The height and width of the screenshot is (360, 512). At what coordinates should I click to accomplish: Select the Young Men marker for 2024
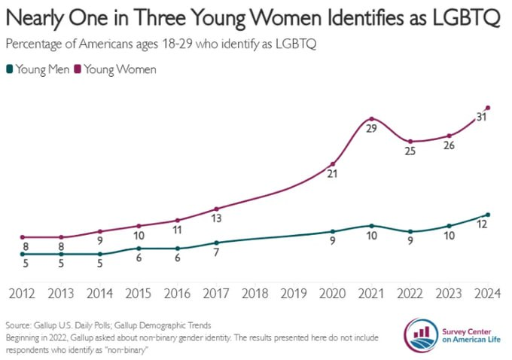click(x=488, y=215)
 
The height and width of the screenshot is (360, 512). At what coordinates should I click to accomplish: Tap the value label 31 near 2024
click(x=480, y=117)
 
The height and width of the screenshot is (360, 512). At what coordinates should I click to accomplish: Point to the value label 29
click(x=371, y=130)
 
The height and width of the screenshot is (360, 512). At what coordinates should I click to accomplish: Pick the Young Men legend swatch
click(x=9, y=70)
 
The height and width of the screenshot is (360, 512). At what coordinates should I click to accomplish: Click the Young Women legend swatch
click(x=78, y=70)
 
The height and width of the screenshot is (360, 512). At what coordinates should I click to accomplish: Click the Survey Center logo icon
click(x=420, y=334)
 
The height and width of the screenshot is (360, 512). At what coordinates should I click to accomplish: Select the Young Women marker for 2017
click(x=216, y=209)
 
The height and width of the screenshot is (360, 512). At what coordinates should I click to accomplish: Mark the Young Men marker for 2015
click(x=139, y=248)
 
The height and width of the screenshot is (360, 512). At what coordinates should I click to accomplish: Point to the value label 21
click(x=332, y=175)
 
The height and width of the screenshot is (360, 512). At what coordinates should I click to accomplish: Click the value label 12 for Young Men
click(x=483, y=224)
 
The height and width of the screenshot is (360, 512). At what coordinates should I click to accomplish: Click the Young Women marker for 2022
click(x=410, y=142)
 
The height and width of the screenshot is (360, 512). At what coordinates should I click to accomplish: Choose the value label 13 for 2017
click(x=216, y=219)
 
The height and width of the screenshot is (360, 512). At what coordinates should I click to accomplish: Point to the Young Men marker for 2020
click(x=333, y=231)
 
